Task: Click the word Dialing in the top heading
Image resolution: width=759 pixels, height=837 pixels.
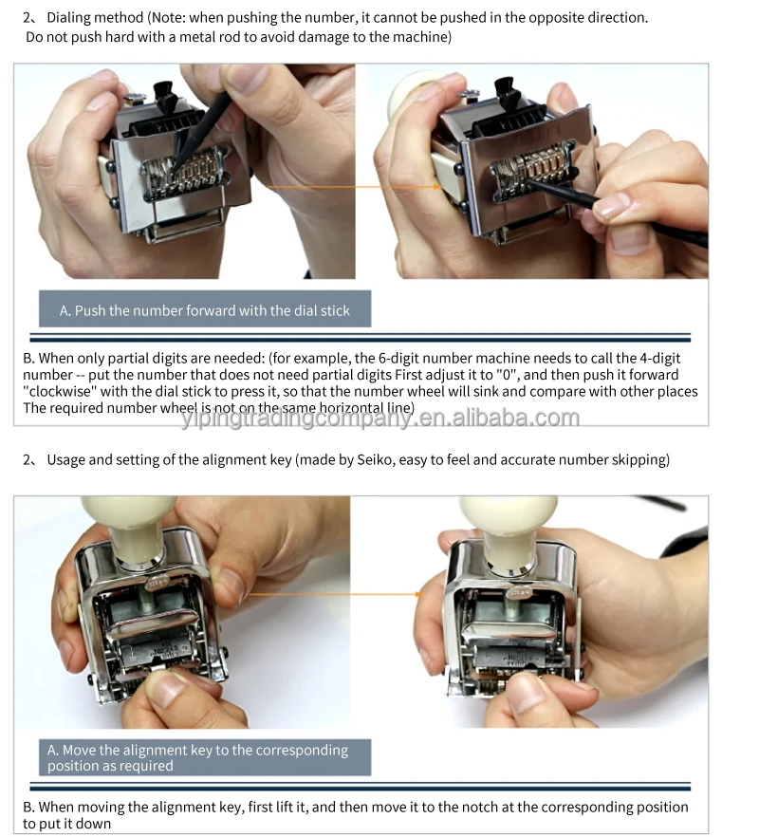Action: point(70,18)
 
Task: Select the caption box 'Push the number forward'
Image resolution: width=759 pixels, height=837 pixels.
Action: point(204,310)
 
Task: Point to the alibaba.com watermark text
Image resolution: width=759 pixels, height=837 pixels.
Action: point(379,418)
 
